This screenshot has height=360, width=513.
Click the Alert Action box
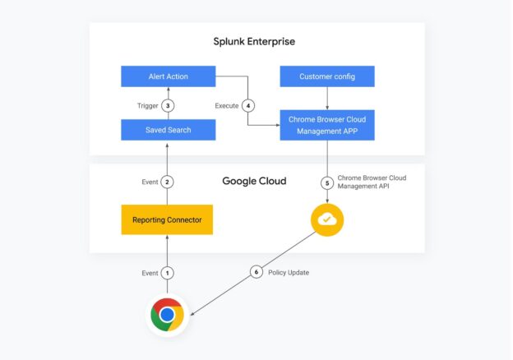pos(169,76)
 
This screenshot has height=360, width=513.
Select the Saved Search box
pos(169,130)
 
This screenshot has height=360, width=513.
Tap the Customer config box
pos(327,76)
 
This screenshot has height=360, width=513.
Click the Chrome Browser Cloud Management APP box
pos(327,125)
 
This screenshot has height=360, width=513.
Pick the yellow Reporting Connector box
pos(167,219)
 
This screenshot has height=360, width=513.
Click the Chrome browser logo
pos(168,315)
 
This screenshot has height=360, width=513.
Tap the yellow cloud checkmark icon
pos(327,219)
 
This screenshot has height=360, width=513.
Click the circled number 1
pos(167,273)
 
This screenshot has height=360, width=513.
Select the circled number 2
pos(167,182)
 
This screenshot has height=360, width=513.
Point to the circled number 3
pos(168,105)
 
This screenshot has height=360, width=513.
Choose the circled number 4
pos(248,105)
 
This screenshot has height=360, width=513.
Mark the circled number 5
pos(327,183)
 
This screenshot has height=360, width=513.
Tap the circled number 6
pos(256,272)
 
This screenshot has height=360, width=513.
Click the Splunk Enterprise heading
pos(254,42)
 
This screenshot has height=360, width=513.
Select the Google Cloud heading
pos(254,181)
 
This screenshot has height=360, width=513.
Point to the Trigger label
pos(147,106)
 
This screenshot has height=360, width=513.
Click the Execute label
pos(227,105)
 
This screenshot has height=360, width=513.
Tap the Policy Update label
pos(289,272)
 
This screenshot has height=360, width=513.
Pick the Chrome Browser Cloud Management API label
pos(372,182)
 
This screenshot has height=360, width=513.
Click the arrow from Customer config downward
pos(327,99)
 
